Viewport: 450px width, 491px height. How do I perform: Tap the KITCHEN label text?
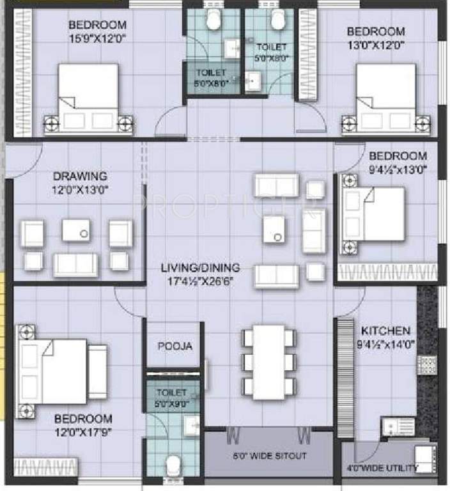(x=385, y=331)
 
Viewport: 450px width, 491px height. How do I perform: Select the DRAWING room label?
(x=80, y=176)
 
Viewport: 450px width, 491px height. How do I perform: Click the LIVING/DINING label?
(x=201, y=267)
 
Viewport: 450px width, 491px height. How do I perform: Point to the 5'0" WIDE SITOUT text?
(x=268, y=456)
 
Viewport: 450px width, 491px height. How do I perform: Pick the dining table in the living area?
(x=268, y=362)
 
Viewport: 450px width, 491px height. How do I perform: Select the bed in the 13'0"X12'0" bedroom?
(x=385, y=99)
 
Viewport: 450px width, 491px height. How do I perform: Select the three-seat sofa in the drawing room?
(x=75, y=264)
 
